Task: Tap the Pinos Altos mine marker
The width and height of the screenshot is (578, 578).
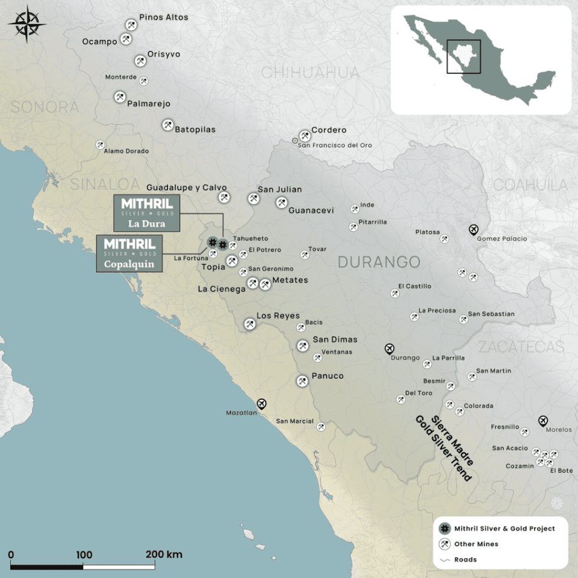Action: click(130, 25)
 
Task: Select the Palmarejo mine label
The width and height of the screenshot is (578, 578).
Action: click(149, 104)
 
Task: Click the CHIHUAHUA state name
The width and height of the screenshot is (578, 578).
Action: click(310, 73)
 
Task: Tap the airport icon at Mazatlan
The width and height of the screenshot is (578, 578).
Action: click(261, 403)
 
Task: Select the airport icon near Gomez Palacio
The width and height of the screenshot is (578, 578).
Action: click(474, 229)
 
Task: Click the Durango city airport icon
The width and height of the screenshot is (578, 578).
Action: click(390, 349)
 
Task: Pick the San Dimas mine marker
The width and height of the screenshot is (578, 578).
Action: click(303, 345)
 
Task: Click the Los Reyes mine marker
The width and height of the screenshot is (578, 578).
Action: click(249, 324)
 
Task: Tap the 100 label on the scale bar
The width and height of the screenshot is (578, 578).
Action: click(84, 555)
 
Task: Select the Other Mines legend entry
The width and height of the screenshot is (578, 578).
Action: click(476, 544)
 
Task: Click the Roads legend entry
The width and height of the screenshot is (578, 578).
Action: click(465, 559)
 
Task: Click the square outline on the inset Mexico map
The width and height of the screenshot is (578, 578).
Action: click(464, 57)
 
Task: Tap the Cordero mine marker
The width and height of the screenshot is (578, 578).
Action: click(305, 136)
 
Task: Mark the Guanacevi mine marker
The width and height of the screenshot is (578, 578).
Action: click(281, 202)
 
